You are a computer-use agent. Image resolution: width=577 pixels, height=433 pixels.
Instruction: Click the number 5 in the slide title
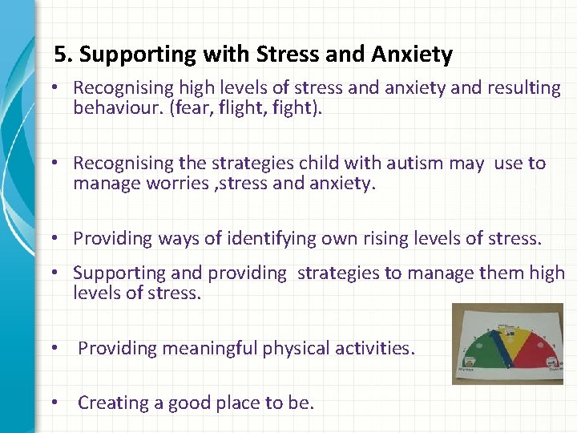(x=59, y=55)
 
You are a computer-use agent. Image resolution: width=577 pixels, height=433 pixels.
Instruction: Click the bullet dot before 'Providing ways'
(x=60, y=238)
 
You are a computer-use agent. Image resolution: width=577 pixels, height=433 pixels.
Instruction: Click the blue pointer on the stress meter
(x=502, y=345)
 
